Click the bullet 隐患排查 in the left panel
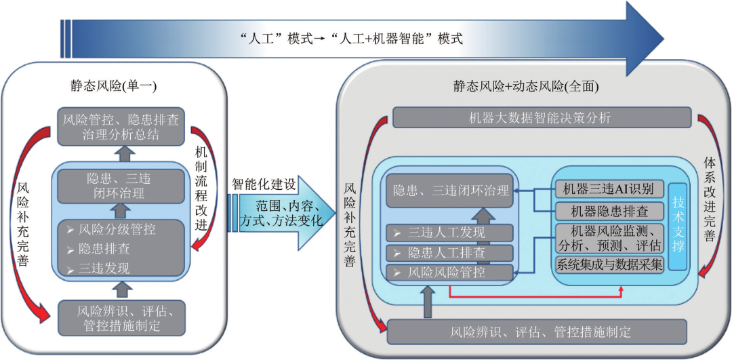coord(105,248)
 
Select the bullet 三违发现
coord(105,268)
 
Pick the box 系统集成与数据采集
coord(608,265)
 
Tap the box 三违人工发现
coord(447,233)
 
